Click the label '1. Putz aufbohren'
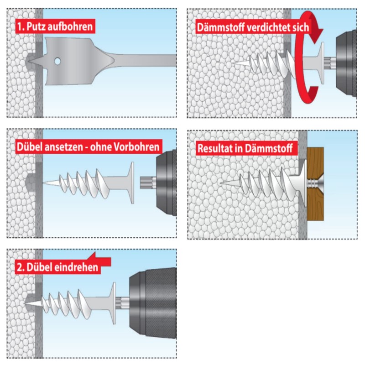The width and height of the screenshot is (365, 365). point(55,26)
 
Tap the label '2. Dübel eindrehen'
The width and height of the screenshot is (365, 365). point(57,267)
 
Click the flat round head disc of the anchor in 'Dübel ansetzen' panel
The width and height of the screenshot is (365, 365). point(131,182)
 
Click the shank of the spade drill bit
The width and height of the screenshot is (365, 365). point(146,60)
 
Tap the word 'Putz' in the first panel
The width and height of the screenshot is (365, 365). point(37,26)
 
